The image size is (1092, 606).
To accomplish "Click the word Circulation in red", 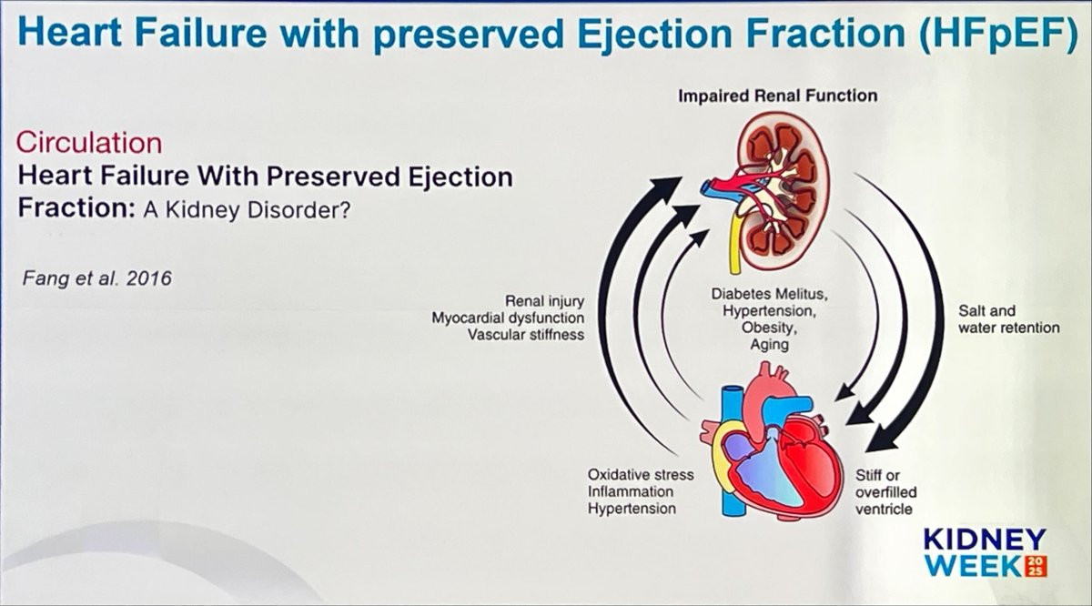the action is [90, 143].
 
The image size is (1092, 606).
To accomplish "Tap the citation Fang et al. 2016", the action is [96, 277].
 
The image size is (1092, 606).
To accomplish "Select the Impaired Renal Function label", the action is [777, 96].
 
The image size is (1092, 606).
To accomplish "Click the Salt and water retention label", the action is [1008, 319].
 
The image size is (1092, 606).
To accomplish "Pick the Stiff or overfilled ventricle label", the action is [885, 491].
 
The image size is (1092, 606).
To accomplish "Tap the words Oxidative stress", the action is [641, 475].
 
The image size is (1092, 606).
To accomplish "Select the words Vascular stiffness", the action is [526, 335].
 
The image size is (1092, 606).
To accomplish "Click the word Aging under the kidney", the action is [770, 345].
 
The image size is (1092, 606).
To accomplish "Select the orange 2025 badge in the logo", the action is [1036, 566].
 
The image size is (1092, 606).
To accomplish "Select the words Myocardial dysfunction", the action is [508, 318].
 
